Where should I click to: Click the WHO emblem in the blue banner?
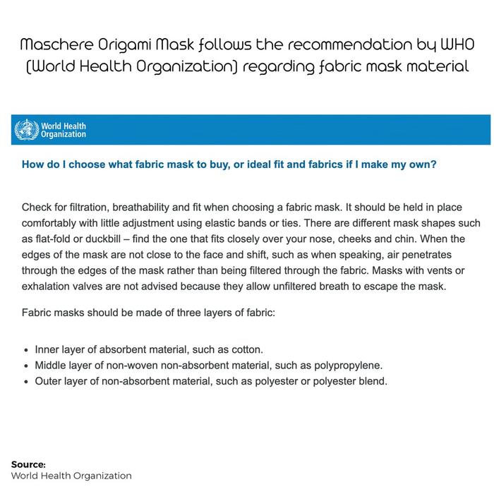pyautogui.click(x=27, y=130)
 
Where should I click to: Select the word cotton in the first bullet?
pyautogui.click(x=225, y=350)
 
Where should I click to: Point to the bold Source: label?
pyautogui.click(x=28, y=464)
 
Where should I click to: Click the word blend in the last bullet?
pyautogui.click(x=372, y=381)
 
